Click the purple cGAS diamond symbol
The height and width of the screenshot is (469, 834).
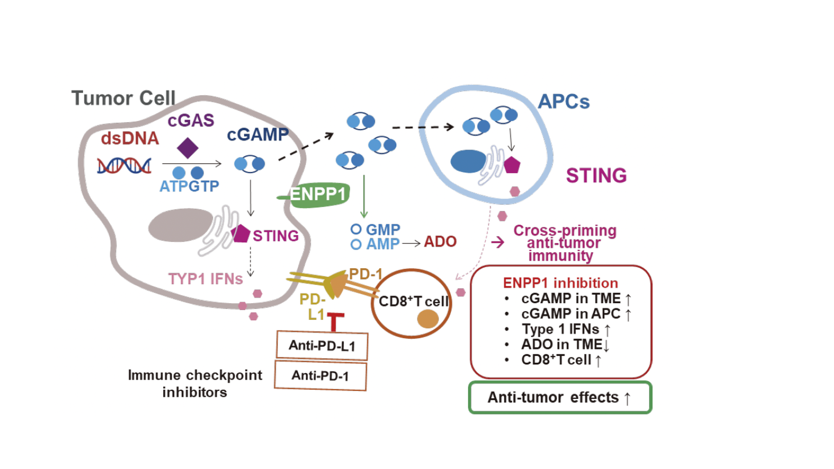188,148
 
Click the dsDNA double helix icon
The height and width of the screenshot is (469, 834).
124,166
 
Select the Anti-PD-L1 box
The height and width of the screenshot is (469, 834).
322,345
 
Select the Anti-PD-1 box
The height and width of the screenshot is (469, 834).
320,376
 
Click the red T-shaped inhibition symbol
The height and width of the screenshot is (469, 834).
335,321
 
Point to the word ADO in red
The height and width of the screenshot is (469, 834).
440,242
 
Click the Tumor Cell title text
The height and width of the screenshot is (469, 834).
123,98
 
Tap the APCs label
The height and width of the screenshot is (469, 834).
564,102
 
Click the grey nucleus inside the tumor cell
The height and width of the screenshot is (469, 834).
181,226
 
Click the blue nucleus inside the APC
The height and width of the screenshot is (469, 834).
468,161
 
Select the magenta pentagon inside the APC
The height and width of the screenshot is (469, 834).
512,165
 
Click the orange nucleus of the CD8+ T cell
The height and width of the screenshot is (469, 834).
428,319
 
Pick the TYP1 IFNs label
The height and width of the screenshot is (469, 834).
205,279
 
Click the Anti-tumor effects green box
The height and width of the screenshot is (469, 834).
560,397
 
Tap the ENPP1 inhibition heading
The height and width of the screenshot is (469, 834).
560,283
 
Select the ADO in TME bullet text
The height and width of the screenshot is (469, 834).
561,344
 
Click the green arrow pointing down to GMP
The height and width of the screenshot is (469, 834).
364,196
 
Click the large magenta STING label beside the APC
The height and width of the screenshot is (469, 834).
596,176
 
